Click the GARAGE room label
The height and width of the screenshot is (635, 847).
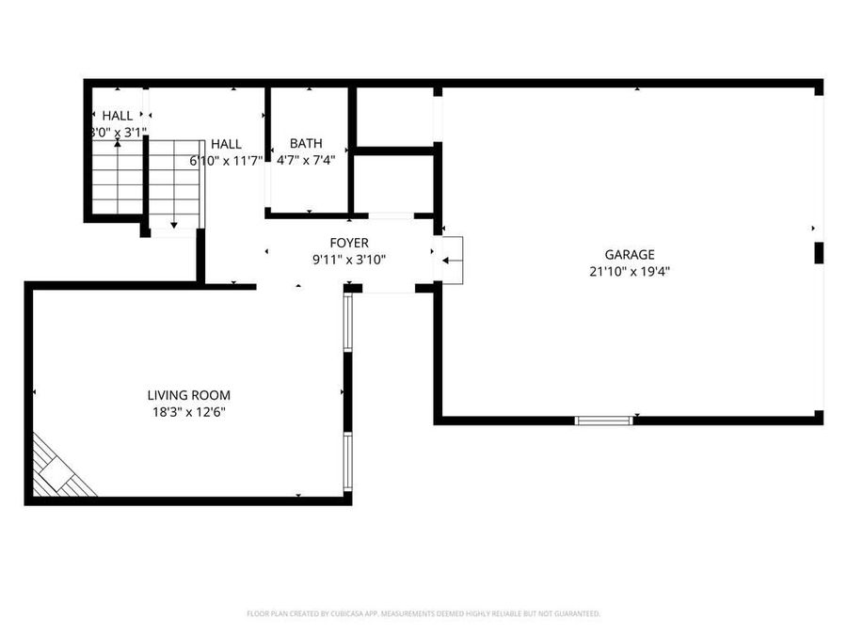(629, 254)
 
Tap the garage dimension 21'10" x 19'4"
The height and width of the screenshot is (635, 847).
(629, 271)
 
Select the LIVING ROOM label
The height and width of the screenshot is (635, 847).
(188, 395)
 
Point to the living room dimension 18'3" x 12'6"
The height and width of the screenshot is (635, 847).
(188, 412)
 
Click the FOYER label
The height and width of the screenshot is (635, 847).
(348, 243)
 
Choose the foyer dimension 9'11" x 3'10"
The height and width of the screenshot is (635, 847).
(348, 260)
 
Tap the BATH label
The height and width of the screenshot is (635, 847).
(306, 143)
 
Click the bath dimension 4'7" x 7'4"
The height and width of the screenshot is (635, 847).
(306, 160)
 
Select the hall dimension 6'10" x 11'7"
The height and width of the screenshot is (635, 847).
(226, 161)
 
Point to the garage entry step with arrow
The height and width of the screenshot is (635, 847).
(453, 260)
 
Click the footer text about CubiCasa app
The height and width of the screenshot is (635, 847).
(423, 613)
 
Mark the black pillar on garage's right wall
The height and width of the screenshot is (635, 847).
(819, 253)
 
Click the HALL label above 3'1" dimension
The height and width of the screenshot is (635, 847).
(118, 116)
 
